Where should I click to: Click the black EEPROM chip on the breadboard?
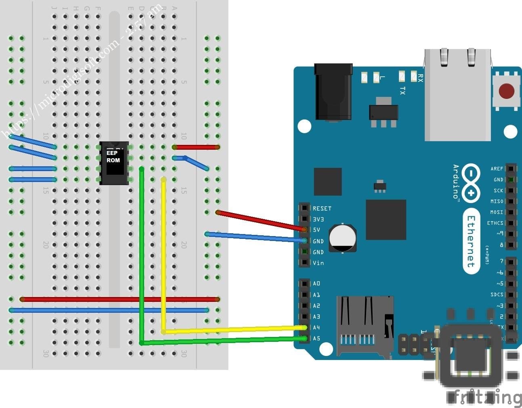click(114, 163)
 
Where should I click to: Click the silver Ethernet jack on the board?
click(457, 95)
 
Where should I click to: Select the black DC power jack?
click(333, 92)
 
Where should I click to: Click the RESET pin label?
click(322, 209)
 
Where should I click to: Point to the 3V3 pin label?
click(318, 219)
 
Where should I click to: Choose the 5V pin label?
click(316, 230)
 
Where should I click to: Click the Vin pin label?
click(318, 263)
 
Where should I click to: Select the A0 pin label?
click(316, 284)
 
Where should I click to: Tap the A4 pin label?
click(316, 328)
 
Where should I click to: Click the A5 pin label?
click(316, 339)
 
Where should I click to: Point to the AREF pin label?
click(497, 169)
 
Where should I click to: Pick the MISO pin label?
click(497, 201)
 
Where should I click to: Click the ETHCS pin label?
click(495, 223)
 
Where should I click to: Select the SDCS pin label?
click(497, 295)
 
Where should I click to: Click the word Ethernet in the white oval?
click(471, 241)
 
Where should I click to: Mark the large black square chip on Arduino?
click(386, 219)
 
